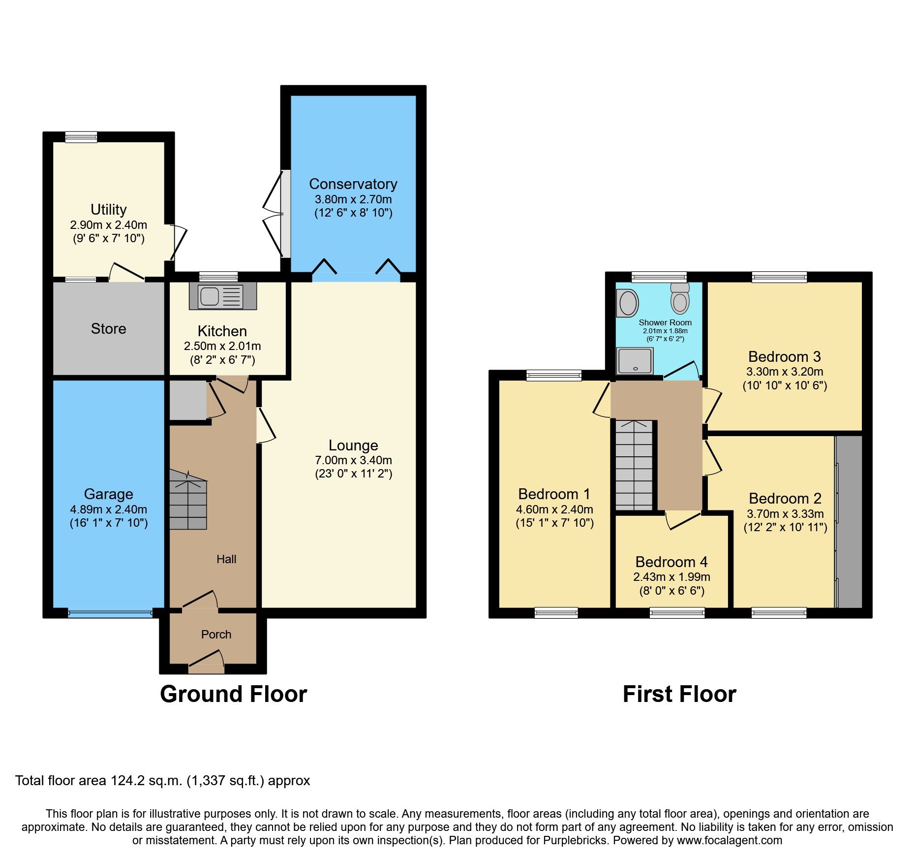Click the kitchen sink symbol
click(x=222, y=297)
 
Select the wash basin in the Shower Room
click(x=628, y=303)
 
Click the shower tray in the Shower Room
click(x=635, y=361)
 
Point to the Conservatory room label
click(x=353, y=184)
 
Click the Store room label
click(x=108, y=329)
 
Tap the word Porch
click(x=216, y=635)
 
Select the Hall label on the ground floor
click(x=226, y=559)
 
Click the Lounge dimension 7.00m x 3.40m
click(x=353, y=461)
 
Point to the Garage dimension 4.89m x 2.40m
click(x=108, y=509)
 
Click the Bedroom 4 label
click(x=671, y=562)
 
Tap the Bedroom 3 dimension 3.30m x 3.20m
click(x=784, y=372)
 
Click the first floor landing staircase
click(x=634, y=465)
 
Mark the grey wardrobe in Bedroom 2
click(x=850, y=522)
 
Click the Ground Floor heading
click(x=233, y=695)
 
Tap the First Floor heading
click(x=679, y=695)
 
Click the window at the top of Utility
click(x=81, y=137)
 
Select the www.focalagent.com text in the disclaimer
click(x=729, y=840)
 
